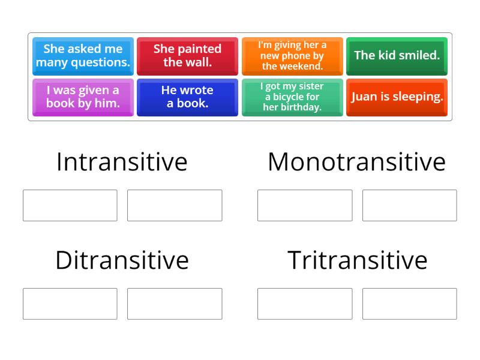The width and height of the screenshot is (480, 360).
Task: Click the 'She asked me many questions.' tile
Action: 83,55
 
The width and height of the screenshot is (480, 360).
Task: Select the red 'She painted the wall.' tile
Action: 188,55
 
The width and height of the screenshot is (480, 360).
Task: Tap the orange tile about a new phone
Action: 292,55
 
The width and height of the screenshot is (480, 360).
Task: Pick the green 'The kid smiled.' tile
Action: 397,55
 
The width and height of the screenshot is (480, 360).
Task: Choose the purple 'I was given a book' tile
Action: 83,97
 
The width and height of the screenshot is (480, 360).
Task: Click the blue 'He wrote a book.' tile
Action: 188,97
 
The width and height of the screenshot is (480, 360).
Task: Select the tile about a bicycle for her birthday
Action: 292,97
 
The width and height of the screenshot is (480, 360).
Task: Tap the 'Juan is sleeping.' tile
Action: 397,97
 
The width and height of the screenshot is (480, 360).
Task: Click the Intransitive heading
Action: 122,162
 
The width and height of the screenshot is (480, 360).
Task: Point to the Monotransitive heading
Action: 356,162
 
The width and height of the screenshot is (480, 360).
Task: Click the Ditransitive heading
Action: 122,260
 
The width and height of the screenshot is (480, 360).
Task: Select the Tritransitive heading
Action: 357,260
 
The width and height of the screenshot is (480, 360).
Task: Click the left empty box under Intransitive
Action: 70,205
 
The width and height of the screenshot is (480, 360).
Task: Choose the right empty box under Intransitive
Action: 175,205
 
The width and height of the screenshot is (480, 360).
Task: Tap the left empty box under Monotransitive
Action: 305,205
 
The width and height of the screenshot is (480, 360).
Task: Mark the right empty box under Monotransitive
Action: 409,205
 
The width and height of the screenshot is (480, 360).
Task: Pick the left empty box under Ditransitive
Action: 70,304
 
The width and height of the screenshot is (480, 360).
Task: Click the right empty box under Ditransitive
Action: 175,304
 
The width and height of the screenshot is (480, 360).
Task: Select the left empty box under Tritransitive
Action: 305,304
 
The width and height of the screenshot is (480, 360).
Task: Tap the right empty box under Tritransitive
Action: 409,304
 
